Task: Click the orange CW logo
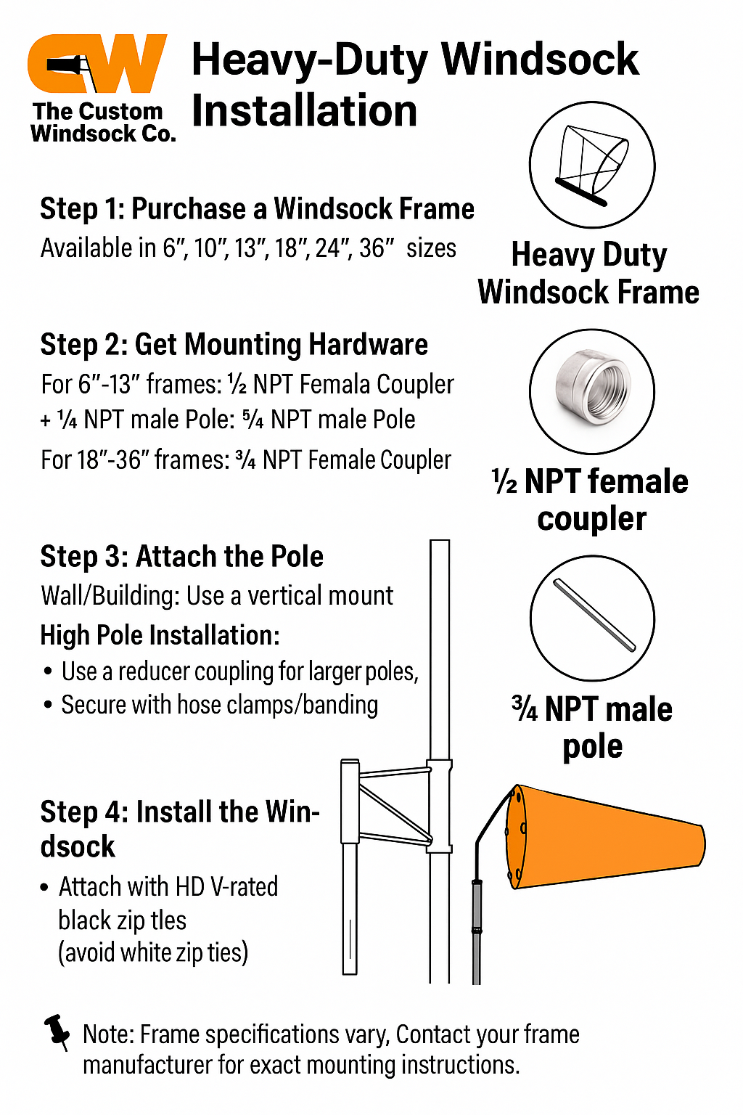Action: pos(97,63)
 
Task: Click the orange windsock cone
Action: pos(605,837)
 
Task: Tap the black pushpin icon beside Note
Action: pos(57,1032)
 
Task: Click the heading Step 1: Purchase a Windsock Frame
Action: pos(257,208)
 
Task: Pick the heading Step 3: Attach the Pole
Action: pos(181,556)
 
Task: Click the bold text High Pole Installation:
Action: pos(160,636)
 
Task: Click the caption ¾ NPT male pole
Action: pos(591,727)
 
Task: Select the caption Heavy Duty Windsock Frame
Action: pos(588,273)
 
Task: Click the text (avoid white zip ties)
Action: pos(153,953)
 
